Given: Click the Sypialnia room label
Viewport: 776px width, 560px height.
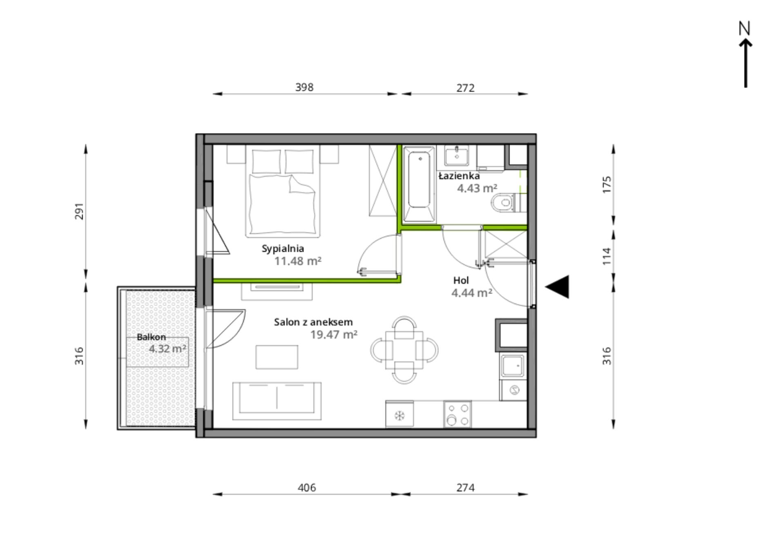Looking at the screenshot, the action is pyautogui.click(x=283, y=249).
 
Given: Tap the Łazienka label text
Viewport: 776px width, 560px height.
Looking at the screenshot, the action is pyautogui.click(x=459, y=176).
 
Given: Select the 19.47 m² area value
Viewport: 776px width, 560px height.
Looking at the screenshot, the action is pyautogui.click(x=334, y=335).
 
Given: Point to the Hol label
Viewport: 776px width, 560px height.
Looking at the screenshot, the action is pyautogui.click(x=461, y=280).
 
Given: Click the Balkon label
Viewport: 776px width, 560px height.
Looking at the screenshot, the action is pyautogui.click(x=151, y=337).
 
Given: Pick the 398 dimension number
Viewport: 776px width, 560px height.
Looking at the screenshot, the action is pyautogui.click(x=304, y=87).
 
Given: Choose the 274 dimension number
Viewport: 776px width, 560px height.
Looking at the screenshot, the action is pyautogui.click(x=465, y=488).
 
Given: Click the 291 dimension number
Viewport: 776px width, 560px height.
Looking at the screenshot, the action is pyautogui.click(x=79, y=211).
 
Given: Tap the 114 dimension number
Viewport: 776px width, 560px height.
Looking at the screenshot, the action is pyautogui.click(x=607, y=256).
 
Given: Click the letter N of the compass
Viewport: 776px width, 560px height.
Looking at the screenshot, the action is pyautogui.click(x=745, y=28).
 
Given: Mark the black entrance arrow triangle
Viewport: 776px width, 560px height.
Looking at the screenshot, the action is pyautogui.click(x=557, y=287).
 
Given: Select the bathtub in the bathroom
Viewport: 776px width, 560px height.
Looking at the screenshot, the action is pyautogui.click(x=419, y=184).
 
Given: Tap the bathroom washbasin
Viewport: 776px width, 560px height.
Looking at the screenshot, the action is pyautogui.click(x=457, y=155).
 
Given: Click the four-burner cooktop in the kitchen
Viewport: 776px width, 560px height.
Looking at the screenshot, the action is pyautogui.click(x=457, y=414).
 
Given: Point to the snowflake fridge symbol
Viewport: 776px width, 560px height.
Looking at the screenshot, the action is pyautogui.click(x=399, y=416).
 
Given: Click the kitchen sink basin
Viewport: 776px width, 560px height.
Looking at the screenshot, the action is pyautogui.click(x=513, y=365).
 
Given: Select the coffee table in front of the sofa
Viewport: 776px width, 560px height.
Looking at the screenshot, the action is pyautogui.click(x=277, y=357).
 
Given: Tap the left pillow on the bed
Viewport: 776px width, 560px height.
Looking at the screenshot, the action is pyautogui.click(x=266, y=162).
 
